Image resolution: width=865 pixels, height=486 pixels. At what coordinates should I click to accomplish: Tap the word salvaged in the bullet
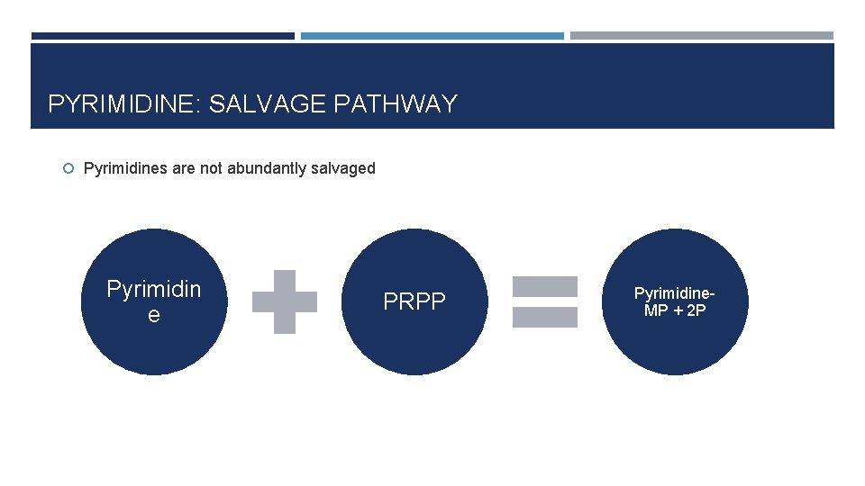(x=343, y=168)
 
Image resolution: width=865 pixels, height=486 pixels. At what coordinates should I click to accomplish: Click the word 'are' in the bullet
(x=182, y=168)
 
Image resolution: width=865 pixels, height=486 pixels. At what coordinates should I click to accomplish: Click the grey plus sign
(x=285, y=301)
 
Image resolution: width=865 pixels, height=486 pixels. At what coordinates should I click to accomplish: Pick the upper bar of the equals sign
(x=545, y=286)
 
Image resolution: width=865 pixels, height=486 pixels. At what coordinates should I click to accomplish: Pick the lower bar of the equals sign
(x=545, y=317)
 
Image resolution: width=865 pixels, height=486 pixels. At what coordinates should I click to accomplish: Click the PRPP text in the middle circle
(x=414, y=301)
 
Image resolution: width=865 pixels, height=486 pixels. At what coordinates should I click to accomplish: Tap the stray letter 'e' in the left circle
(x=154, y=314)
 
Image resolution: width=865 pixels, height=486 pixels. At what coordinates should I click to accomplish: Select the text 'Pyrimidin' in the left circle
(x=154, y=289)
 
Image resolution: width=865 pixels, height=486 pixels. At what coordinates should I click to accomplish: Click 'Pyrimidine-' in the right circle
(x=675, y=293)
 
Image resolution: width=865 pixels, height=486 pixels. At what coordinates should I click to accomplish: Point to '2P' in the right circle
(x=696, y=310)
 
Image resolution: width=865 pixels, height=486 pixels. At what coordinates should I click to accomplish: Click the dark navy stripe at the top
(x=163, y=36)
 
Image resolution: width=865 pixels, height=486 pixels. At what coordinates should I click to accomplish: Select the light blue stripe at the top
(x=432, y=36)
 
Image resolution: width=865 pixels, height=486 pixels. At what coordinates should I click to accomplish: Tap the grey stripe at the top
(x=702, y=36)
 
